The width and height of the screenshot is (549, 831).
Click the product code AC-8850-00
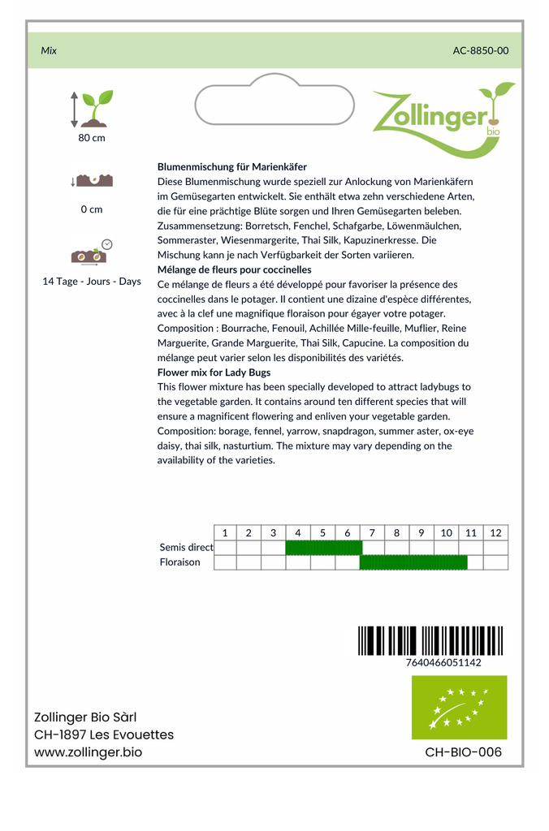point(481,50)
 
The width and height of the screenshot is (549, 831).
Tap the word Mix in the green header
point(49,50)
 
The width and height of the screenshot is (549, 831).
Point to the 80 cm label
point(92,138)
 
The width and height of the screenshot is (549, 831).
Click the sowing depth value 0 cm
point(92,209)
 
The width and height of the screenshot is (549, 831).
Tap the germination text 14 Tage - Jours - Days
point(92,282)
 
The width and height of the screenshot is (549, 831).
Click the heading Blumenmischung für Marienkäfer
point(232,166)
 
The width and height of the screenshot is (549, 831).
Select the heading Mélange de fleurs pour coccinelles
point(235,269)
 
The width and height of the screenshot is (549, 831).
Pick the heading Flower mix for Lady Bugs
point(214,372)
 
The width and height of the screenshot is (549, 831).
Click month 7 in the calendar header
point(372,533)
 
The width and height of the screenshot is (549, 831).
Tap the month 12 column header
point(495,533)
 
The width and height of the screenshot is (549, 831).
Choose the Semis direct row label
point(186,548)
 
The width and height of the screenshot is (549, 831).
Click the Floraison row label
point(180,562)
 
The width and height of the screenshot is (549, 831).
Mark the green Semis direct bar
point(323,548)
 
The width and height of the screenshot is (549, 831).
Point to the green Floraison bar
point(413,562)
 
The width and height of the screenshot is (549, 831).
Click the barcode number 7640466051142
point(443,663)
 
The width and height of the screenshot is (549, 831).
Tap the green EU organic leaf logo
point(459,707)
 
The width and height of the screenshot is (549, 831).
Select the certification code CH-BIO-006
point(464,752)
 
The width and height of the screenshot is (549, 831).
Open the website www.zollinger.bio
point(89,752)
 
